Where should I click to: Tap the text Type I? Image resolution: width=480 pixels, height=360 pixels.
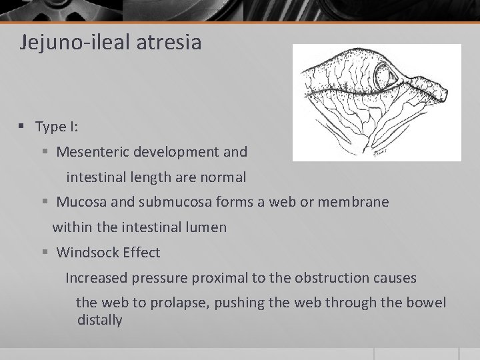tap(57, 127)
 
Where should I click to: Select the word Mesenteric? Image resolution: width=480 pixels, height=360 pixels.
tap(92, 152)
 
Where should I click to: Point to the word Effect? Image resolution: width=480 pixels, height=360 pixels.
tap(140, 253)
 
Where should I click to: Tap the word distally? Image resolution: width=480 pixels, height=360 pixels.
tap(100, 321)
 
